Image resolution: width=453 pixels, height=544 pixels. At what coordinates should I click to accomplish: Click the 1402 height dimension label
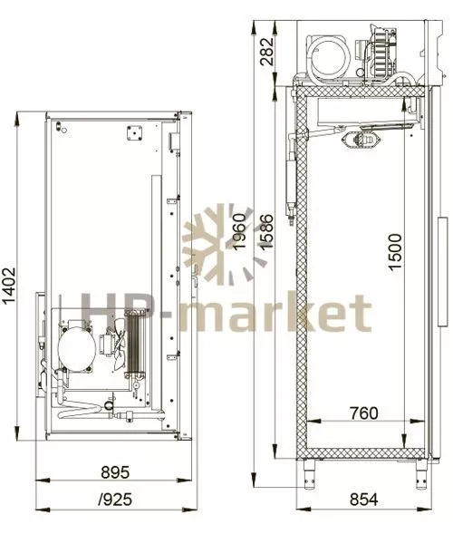point(9,286)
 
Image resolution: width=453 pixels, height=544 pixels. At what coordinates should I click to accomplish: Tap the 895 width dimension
point(115,472)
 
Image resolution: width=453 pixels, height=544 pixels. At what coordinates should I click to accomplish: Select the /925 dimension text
point(115,500)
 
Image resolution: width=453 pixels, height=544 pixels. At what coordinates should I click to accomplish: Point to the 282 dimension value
point(267,52)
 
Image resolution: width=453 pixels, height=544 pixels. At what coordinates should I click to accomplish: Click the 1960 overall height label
point(239,231)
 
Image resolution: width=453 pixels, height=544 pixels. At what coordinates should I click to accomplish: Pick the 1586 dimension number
point(267,232)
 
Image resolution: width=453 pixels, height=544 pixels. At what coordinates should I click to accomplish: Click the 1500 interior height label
point(395,252)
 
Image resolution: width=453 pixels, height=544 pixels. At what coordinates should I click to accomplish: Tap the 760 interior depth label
point(363,413)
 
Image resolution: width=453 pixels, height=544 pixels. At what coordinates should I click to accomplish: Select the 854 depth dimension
point(363,500)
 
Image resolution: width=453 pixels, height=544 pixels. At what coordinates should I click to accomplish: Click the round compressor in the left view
point(77,348)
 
